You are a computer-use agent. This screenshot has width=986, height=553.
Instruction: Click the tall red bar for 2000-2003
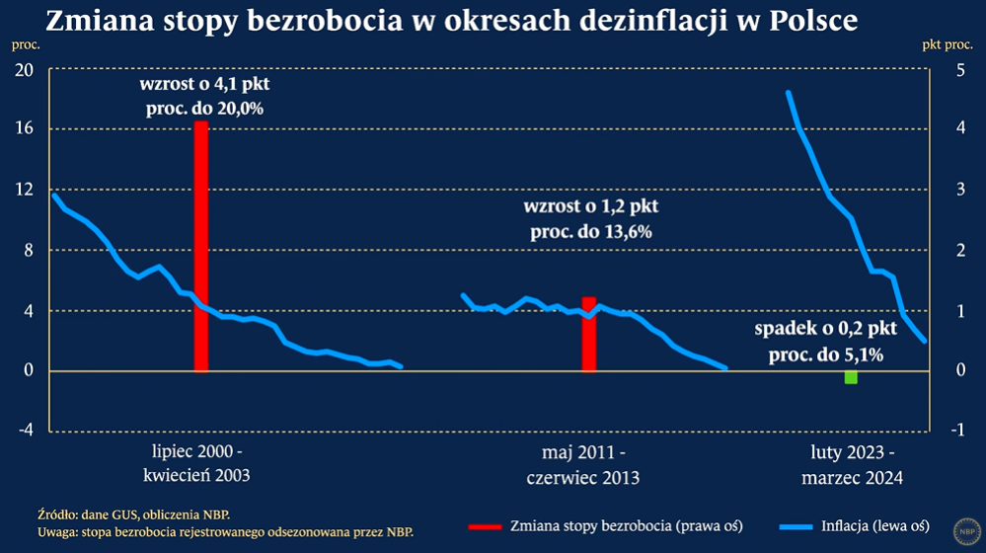pyautogui.click(x=200, y=246)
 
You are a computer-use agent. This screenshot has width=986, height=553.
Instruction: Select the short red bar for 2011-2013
pyautogui.click(x=588, y=334)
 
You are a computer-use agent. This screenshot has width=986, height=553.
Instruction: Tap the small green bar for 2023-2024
pyautogui.click(x=851, y=377)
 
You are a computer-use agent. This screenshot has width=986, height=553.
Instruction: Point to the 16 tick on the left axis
pyautogui.click(x=23, y=129)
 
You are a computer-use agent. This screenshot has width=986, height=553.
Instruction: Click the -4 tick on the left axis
pyautogui.click(x=23, y=432)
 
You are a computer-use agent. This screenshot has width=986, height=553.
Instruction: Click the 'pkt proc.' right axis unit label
pyautogui.click(x=947, y=44)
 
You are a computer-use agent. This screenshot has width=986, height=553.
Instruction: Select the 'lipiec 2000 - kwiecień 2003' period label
pyautogui.click(x=196, y=463)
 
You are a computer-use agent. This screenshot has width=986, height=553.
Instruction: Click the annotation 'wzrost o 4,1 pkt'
pyautogui.click(x=204, y=86)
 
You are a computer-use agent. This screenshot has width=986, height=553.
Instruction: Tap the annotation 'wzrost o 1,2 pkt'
pyautogui.click(x=590, y=208)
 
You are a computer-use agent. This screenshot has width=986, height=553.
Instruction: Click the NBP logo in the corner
pyautogui.click(x=964, y=529)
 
